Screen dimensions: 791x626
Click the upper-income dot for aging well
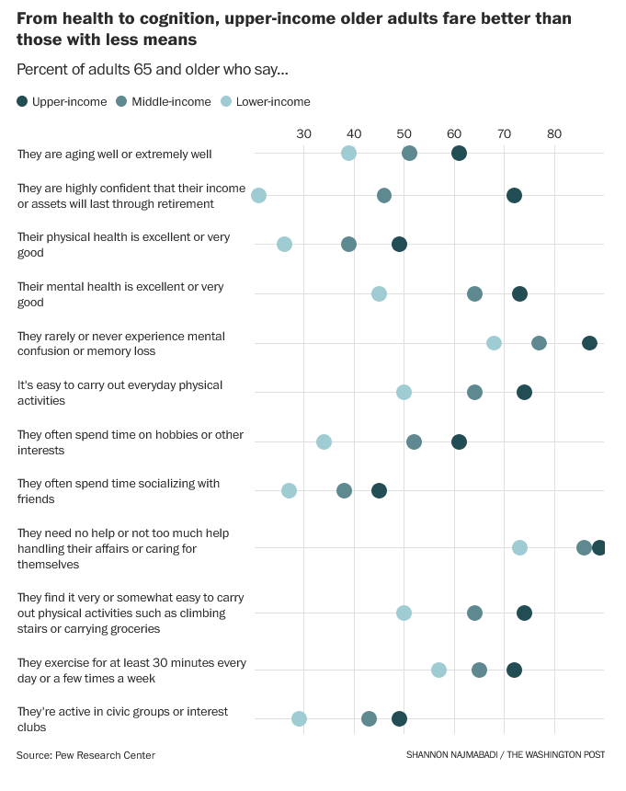click(459, 153)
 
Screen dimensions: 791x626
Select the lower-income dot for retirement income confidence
click(259, 195)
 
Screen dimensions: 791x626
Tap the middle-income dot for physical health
click(348, 244)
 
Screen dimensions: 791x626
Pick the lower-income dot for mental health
click(379, 293)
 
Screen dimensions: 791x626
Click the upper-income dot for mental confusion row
click(589, 343)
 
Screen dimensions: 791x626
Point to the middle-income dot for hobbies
click(414, 442)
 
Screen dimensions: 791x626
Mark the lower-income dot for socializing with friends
click(289, 490)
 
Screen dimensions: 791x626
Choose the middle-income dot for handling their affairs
click(584, 547)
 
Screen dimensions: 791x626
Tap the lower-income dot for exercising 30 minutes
click(438, 670)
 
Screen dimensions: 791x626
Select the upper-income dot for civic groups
click(399, 718)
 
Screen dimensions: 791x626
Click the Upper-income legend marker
click(23, 101)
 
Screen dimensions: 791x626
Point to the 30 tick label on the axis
click(304, 134)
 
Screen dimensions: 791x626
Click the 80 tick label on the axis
click(554, 134)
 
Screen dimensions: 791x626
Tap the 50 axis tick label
click(404, 134)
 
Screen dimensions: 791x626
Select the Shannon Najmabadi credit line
click(505, 755)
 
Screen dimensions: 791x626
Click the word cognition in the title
click(161, 18)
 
